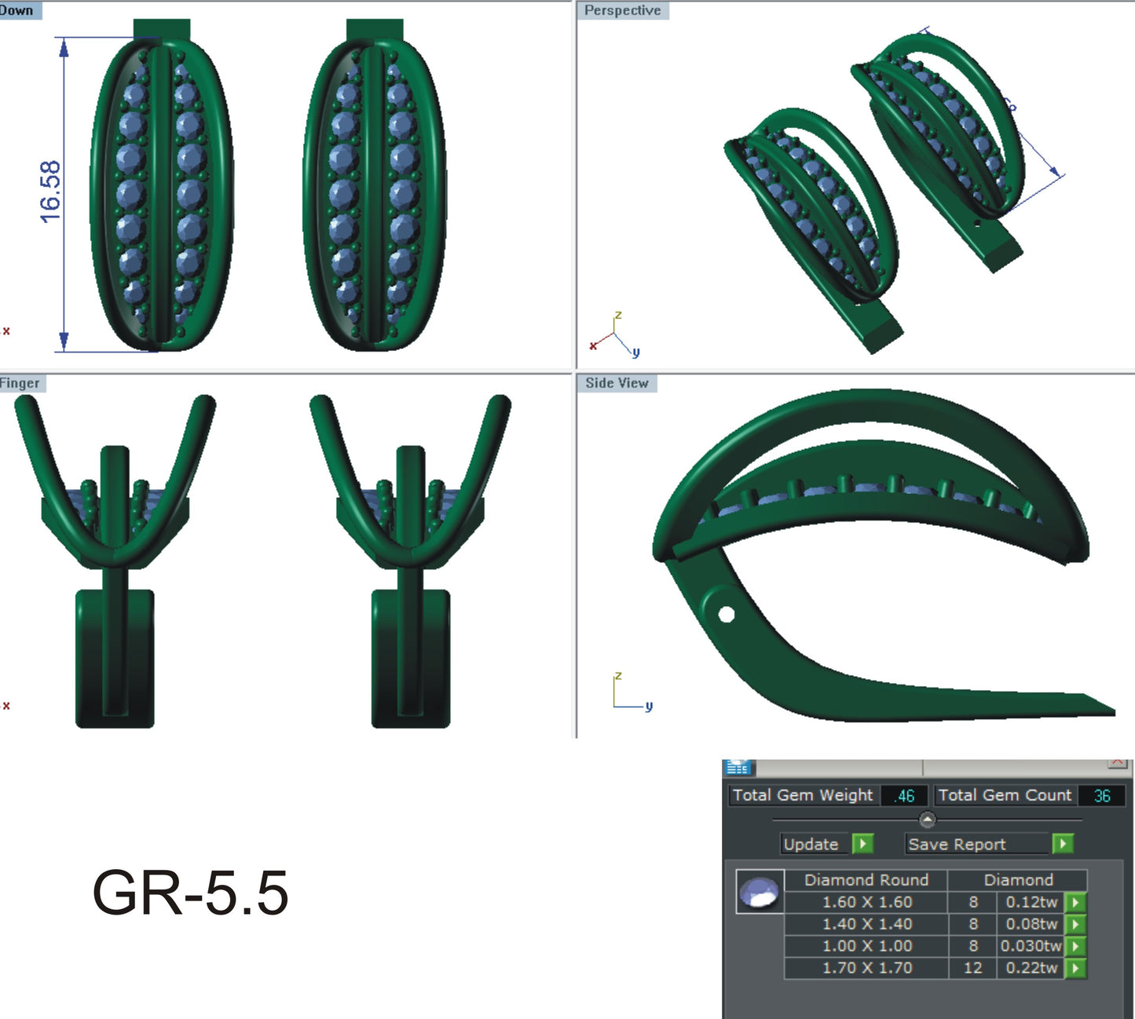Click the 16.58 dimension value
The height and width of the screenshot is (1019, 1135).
tap(49, 192)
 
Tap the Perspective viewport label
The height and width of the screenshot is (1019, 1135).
tap(622, 10)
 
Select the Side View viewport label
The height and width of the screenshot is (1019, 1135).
tap(617, 383)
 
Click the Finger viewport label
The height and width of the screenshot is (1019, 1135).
tap(20, 383)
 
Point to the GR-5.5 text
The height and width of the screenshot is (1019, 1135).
tap(190, 893)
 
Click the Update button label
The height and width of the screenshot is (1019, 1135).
tap(811, 844)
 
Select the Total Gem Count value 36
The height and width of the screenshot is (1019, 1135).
tap(1101, 795)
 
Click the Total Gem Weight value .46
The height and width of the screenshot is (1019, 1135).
tap(904, 795)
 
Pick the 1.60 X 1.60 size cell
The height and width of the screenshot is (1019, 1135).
tap(866, 902)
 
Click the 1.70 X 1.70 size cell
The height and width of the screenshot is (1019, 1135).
tap(866, 968)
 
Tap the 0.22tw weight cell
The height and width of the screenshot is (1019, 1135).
tap(1031, 968)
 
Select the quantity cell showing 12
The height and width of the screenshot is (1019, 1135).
tap(972, 968)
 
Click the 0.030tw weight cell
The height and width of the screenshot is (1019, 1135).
tap(1031, 946)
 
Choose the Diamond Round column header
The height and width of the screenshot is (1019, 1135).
tap(866, 880)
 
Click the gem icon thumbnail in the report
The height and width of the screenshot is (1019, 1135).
tap(760, 893)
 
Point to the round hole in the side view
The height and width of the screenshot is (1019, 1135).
tap(727, 614)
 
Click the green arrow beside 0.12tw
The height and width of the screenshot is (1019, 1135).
tap(1075, 902)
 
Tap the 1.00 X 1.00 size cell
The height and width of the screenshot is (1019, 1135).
tap(866, 946)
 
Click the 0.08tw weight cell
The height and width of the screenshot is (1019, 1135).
tap(1031, 924)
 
